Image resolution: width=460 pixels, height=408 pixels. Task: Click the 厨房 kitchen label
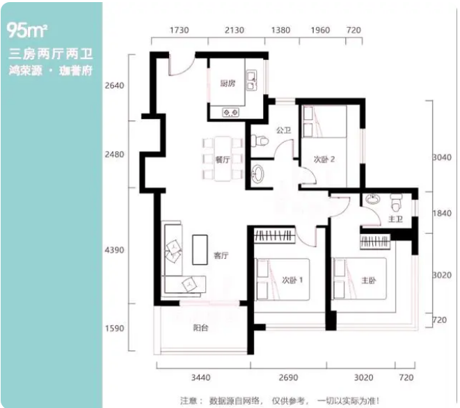click(x=228, y=84)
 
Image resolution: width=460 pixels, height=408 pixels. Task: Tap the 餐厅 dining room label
click(x=223, y=159)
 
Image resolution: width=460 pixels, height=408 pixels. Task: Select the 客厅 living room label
click(x=221, y=256)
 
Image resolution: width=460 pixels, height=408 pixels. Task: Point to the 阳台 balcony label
click(x=200, y=328)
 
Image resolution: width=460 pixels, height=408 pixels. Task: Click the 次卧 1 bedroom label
click(x=292, y=280)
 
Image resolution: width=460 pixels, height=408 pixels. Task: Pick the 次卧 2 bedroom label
click(x=324, y=159)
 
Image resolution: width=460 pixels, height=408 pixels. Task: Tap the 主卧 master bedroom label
click(x=368, y=281)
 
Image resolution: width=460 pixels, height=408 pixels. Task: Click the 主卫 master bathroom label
click(x=395, y=219)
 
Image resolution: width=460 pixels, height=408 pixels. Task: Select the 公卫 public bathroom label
click(x=283, y=130)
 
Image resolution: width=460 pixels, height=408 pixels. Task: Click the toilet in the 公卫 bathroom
click(x=260, y=141)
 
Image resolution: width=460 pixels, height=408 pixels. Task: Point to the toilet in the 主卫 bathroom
click(x=397, y=203)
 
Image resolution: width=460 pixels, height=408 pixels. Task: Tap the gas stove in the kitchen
click(x=230, y=112)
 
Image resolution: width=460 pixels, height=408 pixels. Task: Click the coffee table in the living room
click(x=200, y=249)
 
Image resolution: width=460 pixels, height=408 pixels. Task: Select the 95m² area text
click(x=26, y=30)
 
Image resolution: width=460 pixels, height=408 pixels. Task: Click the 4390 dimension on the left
click(x=114, y=250)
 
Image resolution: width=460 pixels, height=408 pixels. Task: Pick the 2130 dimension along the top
click(x=235, y=30)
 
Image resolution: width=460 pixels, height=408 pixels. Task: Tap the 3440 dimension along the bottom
click(x=201, y=377)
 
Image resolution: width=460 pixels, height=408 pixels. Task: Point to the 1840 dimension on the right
click(x=442, y=213)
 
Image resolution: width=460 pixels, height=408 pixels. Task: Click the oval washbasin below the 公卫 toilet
click(x=258, y=174)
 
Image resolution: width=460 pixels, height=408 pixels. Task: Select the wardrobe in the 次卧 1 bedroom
click(x=274, y=235)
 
